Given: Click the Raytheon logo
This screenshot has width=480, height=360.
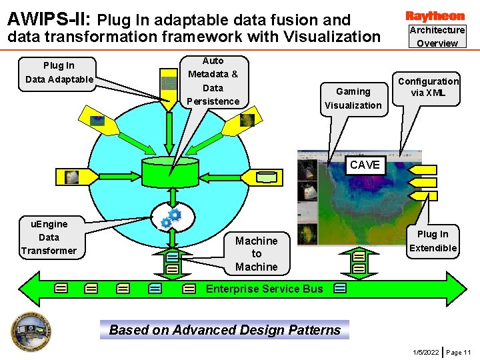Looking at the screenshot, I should click(x=435, y=15).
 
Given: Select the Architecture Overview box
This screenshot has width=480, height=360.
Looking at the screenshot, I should click(x=437, y=37).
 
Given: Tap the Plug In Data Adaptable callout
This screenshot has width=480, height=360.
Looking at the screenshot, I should click(x=59, y=73).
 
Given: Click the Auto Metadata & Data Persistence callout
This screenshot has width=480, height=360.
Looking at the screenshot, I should click(x=213, y=81).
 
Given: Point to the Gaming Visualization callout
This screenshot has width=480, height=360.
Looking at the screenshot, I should click(x=353, y=98).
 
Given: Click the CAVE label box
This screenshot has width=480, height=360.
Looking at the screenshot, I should click(x=365, y=165).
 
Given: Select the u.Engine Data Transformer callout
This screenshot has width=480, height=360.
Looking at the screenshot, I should click(x=49, y=237).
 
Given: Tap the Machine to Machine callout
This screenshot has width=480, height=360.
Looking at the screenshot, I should click(x=257, y=254).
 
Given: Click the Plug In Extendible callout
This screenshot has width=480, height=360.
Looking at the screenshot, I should click(x=433, y=241).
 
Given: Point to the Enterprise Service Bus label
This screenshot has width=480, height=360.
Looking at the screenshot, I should click(x=264, y=289).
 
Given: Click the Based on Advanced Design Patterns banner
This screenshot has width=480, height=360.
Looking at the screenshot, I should click(x=225, y=330).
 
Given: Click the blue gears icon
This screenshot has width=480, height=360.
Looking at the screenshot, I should click(x=171, y=218).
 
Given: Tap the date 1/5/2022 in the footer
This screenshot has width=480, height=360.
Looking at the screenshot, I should click(x=425, y=352).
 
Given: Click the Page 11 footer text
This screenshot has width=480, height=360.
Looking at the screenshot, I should click(x=458, y=352).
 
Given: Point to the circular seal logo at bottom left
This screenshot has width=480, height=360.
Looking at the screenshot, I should click(x=31, y=331).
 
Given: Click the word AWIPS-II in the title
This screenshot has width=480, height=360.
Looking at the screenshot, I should click(x=47, y=19).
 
